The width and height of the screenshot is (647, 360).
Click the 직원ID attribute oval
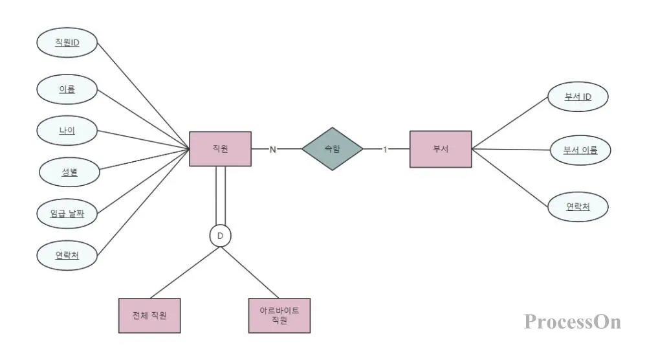[x=67, y=43]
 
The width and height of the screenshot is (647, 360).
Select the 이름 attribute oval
[x=67, y=89]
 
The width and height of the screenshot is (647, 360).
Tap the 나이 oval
[x=67, y=130]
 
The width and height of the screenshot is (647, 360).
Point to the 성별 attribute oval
[x=69, y=172]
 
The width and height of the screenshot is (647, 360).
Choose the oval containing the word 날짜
[x=67, y=213]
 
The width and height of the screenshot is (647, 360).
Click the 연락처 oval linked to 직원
[x=67, y=254]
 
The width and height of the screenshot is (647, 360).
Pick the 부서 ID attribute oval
[x=578, y=97]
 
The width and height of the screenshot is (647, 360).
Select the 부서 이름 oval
[x=580, y=151]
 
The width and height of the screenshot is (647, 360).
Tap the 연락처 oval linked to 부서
[x=578, y=207]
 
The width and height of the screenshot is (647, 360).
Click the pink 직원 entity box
[x=220, y=149]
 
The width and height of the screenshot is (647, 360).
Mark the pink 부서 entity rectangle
[x=441, y=149]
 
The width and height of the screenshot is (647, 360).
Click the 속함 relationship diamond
[x=332, y=149]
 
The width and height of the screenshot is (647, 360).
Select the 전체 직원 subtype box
[x=149, y=315]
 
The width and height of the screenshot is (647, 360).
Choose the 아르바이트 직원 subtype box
[x=280, y=315]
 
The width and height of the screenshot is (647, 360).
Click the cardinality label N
[x=272, y=150]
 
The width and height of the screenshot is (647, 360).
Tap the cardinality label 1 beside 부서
[x=385, y=150]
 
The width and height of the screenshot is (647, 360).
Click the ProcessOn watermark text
[x=572, y=321]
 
